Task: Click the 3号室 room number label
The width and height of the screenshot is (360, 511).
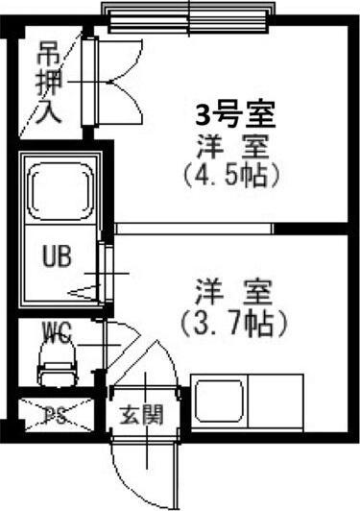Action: (x=235, y=118)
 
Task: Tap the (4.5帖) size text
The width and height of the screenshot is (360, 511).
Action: (x=235, y=177)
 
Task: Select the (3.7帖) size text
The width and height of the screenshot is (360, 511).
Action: (x=234, y=321)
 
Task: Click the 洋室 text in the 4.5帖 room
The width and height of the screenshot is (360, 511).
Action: (x=235, y=149)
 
